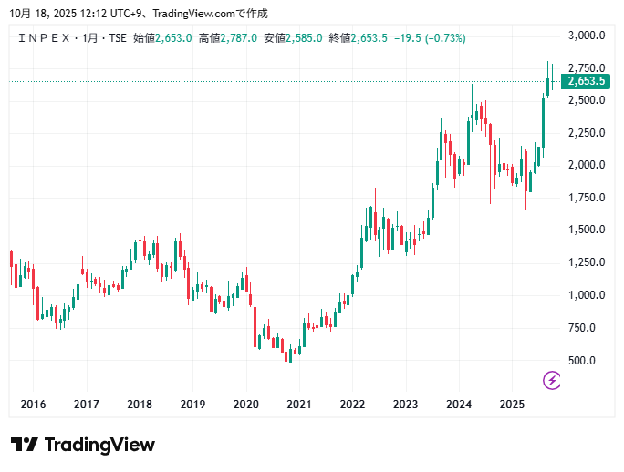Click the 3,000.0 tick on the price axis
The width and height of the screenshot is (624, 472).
[x=587, y=36]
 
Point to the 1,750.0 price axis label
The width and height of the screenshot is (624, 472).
[x=587, y=198]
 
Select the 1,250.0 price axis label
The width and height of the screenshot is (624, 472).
[x=587, y=263]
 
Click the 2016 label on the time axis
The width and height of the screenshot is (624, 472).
[x=33, y=405]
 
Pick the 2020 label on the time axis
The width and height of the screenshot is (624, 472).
[x=246, y=405]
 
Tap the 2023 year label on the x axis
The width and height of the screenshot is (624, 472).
[x=406, y=405]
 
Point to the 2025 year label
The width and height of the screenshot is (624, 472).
[x=513, y=405]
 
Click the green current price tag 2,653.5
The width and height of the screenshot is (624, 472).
[x=587, y=81]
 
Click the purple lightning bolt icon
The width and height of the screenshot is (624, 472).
[x=552, y=380]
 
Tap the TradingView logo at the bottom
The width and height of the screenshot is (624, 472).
[x=83, y=445]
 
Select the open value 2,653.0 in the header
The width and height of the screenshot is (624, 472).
[x=173, y=38]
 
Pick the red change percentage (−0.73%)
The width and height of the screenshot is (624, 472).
[x=441, y=38]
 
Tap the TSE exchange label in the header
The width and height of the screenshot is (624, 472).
[x=118, y=38]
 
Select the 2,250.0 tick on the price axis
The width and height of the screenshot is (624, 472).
[x=587, y=133]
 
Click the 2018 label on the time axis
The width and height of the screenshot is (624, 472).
[x=140, y=405]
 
